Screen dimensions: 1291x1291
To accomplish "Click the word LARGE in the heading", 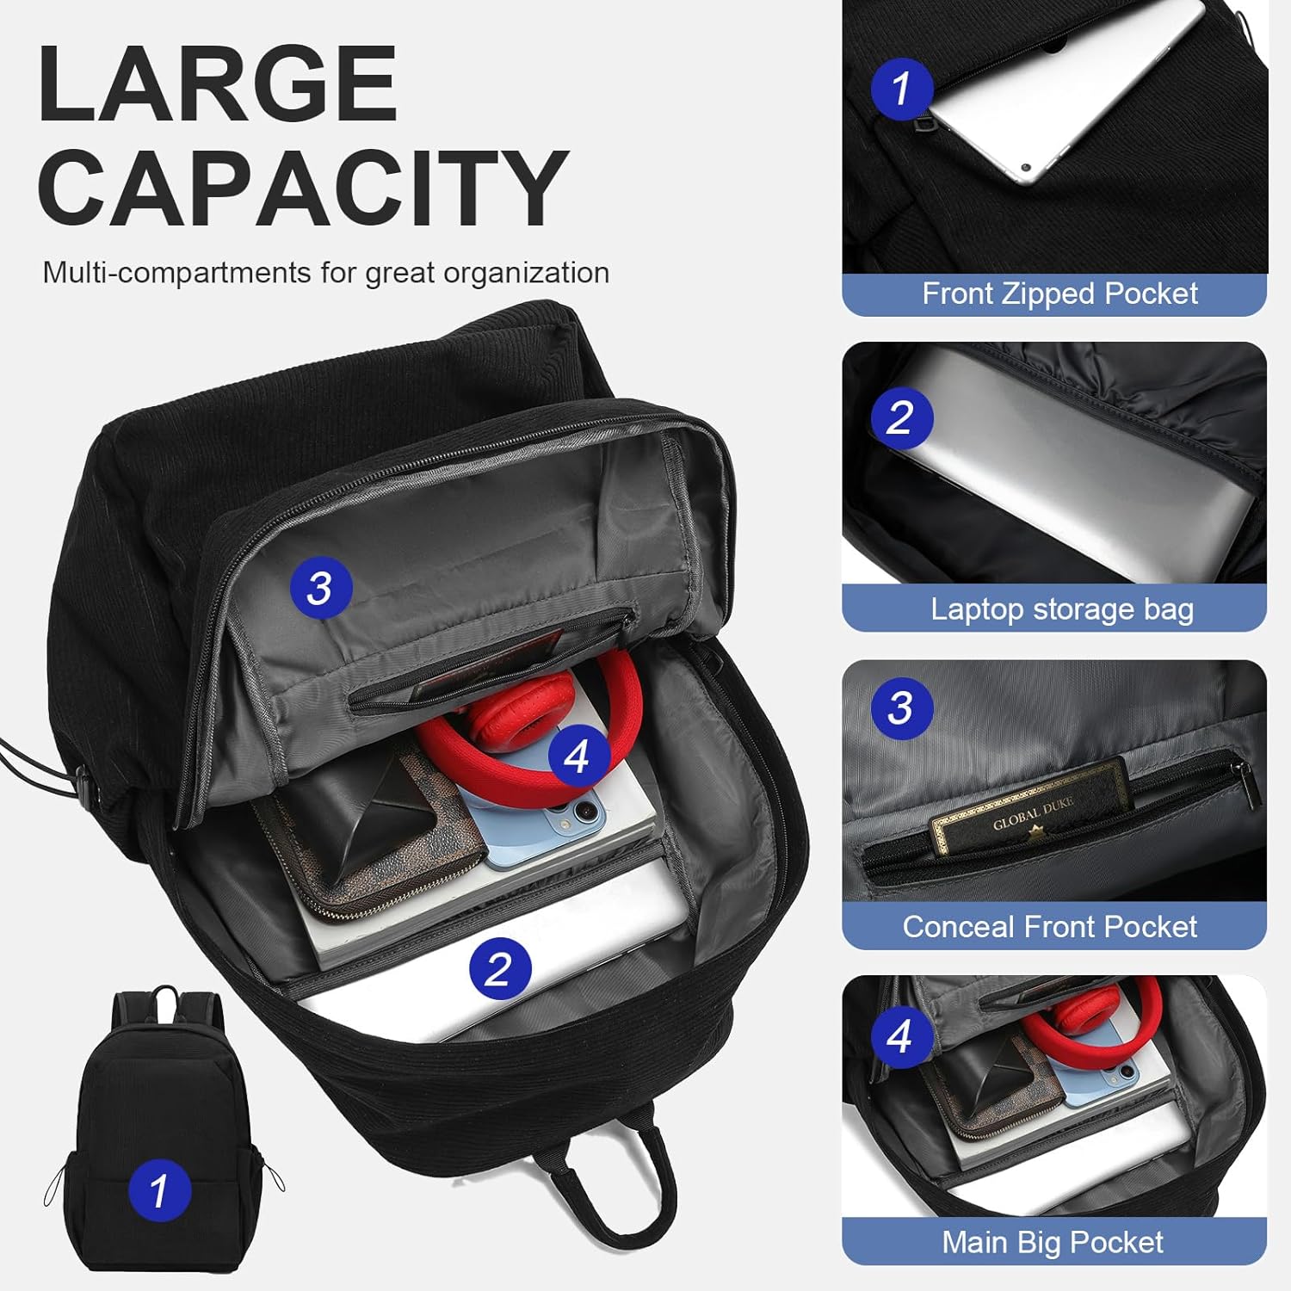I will (x=217, y=83).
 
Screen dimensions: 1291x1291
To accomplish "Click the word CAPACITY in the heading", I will (x=303, y=188).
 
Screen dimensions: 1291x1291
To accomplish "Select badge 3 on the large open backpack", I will (x=319, y=588).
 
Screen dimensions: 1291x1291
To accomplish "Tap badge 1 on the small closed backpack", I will (x=159, y=1191).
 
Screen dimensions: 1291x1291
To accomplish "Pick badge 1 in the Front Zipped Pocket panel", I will (x=901, y=88).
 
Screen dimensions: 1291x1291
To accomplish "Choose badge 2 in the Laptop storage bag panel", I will (x=901, y=417).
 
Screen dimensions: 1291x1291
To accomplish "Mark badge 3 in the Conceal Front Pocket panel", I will (x=901, y=707).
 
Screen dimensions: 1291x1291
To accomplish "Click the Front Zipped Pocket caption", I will (x=1059, y=294).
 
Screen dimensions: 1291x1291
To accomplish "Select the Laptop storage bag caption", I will (x=1062, y=609).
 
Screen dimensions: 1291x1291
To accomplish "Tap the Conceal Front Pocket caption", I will (x=1050, y=927).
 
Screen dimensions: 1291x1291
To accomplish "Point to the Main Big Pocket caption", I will (x=1052, y=1243).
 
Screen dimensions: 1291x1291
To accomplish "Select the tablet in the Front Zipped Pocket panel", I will (x=1067, y=95).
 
